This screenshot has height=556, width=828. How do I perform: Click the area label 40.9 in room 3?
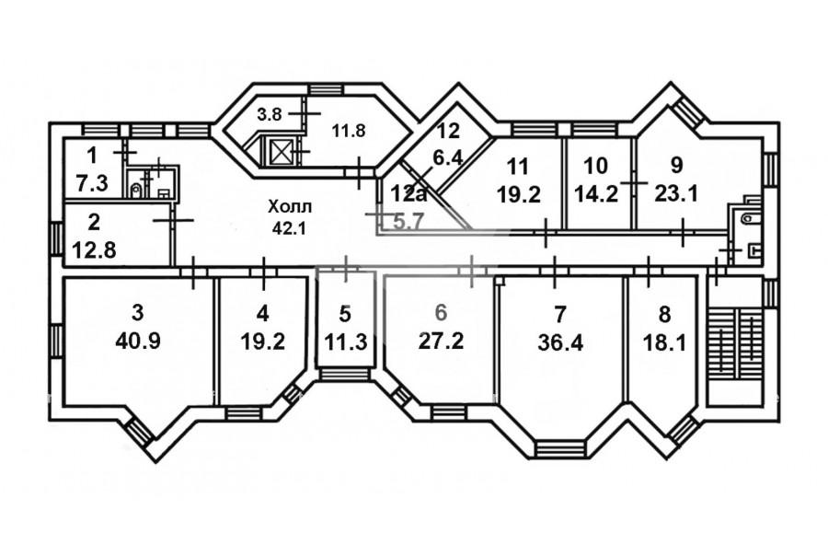click(137, 342)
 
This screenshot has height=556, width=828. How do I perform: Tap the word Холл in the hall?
click(290, 206)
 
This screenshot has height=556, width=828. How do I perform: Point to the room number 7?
click(560, 314)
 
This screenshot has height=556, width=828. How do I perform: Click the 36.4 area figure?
click(560, 343)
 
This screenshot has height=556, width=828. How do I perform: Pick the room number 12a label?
click(408, 193)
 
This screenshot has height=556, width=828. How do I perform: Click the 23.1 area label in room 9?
click(676, 194)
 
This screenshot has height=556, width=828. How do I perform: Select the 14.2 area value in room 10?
click(597, 194)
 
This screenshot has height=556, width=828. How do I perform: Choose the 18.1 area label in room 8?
click(664, 344)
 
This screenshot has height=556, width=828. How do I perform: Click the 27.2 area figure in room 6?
click(441, 342)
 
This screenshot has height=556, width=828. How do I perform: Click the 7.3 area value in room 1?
click(92, 183)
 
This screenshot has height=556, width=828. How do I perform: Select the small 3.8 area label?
click(270, 114)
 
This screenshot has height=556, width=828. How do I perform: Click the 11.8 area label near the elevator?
click(349, 131)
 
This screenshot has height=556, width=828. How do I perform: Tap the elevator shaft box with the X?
click(278, 152)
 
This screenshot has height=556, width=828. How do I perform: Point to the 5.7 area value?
click(408, 222)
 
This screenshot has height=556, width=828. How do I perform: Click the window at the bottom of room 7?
click(560, 448)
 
